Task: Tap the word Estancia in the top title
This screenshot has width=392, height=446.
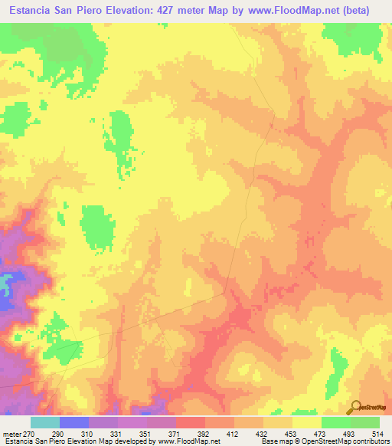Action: (30, 11)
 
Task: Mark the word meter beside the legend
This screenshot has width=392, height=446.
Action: (13, 433)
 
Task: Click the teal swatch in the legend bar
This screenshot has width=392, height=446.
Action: (45, 422)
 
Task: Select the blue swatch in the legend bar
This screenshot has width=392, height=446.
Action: (74, 422)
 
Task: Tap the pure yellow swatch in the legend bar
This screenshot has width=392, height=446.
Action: (307, 422)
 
